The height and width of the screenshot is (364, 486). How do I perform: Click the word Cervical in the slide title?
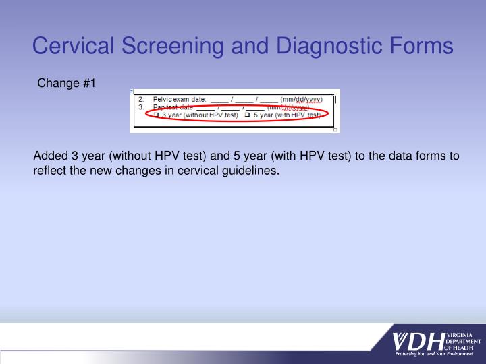tap(74, 46)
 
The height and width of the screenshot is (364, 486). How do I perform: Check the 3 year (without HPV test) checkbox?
tap(156, 115)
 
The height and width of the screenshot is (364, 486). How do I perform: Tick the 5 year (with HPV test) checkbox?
tap(248, 115)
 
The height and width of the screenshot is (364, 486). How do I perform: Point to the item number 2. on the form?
tap(140, 99)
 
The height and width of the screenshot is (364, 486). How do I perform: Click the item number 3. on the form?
tap(140, 107)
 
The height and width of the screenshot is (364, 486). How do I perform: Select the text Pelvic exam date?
tap(180, 99)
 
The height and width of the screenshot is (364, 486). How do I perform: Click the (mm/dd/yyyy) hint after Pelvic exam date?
tap(306, 99)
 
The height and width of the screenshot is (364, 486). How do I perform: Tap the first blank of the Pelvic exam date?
tap(219, 100)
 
